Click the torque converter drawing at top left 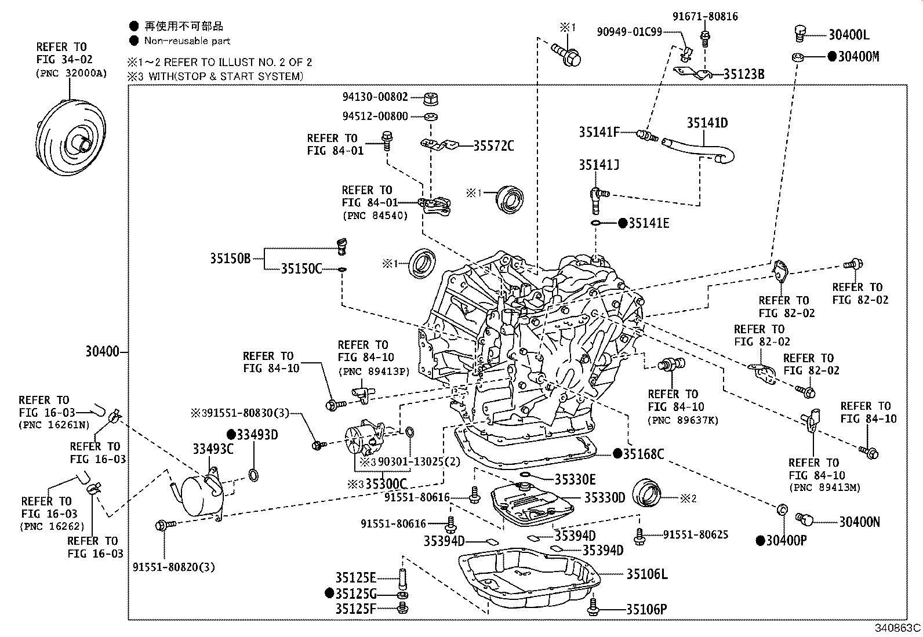click(x=71, y=140)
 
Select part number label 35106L click(x=646, y=574)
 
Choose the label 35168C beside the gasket click(x=643, y=454)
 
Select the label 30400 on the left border click(x=102, y=352)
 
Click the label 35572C click(x=493, y=146)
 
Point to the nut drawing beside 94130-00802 click(x=430, y=98)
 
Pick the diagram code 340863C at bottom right click(x=897, y=628)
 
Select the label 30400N click(x=859, y=522)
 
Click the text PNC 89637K click(x=683, y=420)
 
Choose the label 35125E click(x=355, y=578)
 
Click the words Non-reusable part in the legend click(x=187, y=41)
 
